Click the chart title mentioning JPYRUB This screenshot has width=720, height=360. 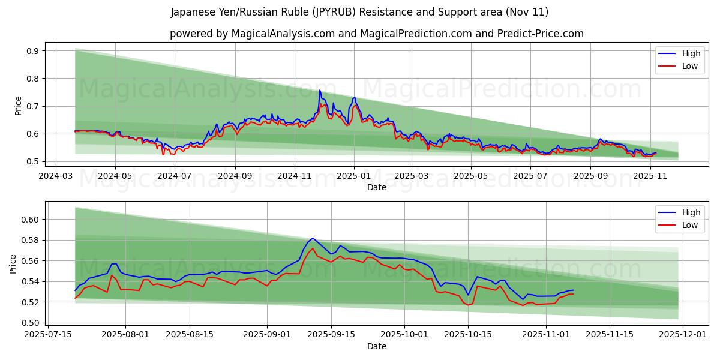click(359, 12)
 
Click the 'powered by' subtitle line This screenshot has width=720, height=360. click(376, 34)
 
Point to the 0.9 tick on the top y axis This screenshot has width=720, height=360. click(32, 51)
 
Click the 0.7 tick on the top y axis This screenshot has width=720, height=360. click(32, 106)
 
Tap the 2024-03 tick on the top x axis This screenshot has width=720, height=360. click(56, 176)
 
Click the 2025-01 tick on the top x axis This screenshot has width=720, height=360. click(353, 176)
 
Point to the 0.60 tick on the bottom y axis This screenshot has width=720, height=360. click(30, 220)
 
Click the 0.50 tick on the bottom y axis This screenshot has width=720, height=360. click(30, 323)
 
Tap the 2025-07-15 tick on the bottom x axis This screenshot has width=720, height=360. click(47, 335)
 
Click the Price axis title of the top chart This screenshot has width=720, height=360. click(18, 106)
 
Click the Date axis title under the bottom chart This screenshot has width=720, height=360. click(376, 346)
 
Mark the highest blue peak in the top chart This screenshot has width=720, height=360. click(319, 91)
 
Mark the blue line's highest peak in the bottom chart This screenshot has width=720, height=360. click(313, 238)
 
